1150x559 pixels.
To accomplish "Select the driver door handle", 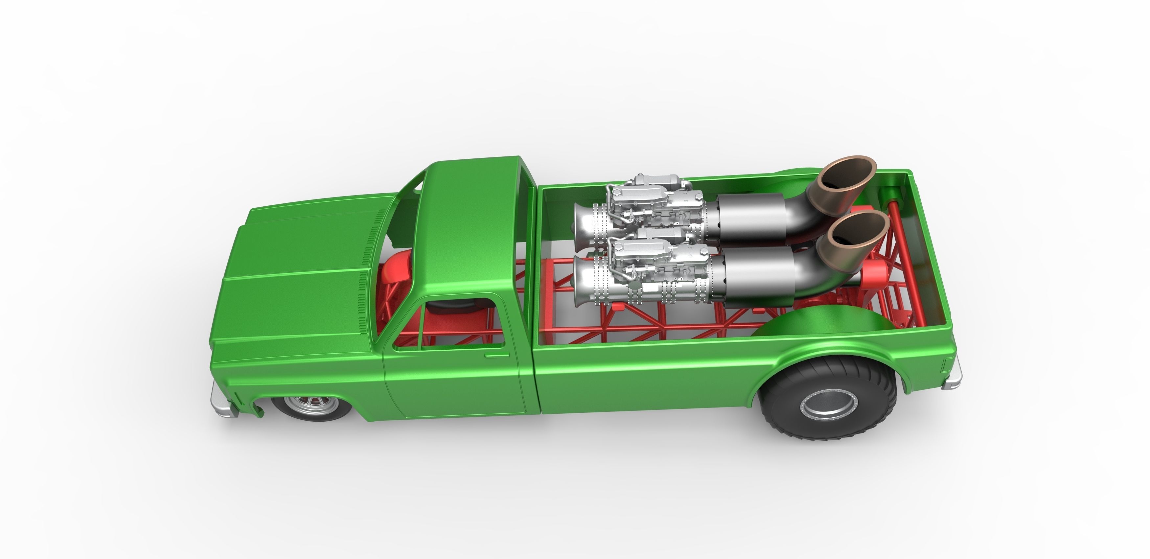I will (496, 355).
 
